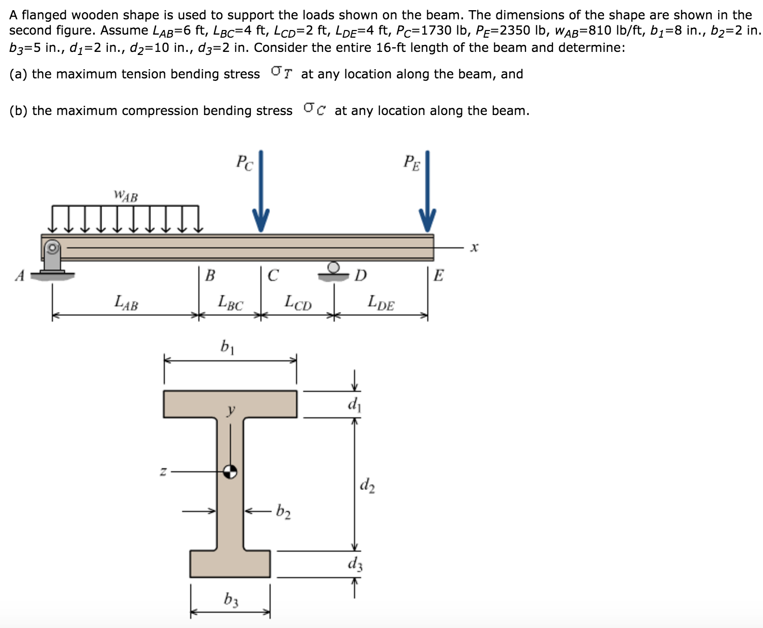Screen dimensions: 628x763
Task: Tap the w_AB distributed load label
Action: coord(126,196)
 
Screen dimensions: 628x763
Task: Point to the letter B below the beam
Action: coord(210,276)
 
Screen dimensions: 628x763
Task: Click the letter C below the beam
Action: coord(273,276)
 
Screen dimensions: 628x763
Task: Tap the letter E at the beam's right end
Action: coord(438,276)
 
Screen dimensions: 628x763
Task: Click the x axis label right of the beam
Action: coord(474,248)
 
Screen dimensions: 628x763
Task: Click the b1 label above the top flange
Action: coord(227,348)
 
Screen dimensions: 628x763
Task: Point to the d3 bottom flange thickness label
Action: coord(355,564)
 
